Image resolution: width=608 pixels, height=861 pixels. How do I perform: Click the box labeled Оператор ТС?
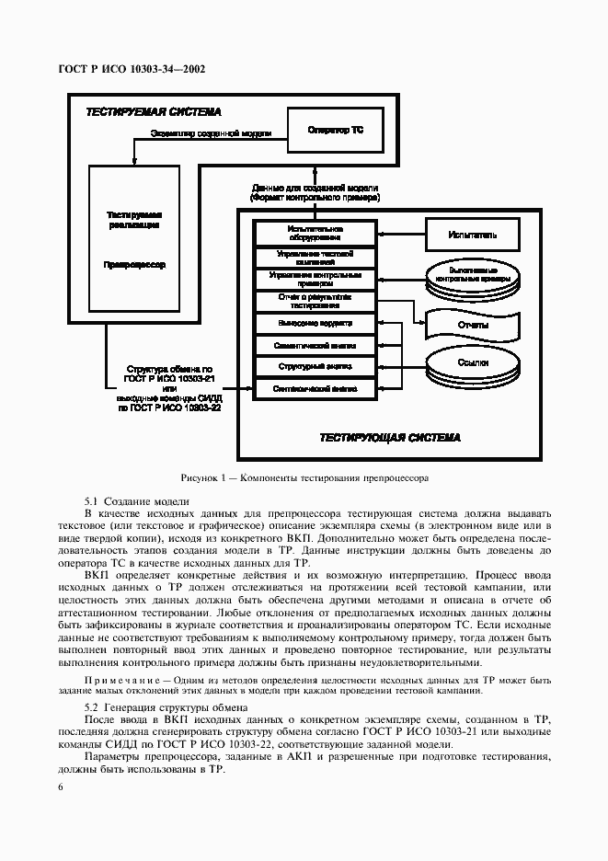(x=335, y=132)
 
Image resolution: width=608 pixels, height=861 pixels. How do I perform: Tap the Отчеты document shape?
(x=472, y=324)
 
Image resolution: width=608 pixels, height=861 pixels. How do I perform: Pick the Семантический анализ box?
(x=315, y=346)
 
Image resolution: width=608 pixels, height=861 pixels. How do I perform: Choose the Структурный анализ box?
(x=315, y=367)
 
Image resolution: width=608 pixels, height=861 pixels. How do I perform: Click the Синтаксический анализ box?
(x=315, y=389)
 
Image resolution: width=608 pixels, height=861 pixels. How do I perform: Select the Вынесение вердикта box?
(x=315, y=324)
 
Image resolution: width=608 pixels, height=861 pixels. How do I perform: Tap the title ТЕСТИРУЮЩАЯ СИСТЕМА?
(x=389, y=438)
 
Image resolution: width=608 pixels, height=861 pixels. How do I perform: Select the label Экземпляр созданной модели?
(x=211, y=134)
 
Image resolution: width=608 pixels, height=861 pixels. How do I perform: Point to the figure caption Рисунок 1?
(x=304, y=478)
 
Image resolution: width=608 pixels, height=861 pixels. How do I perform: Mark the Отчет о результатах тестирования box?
(x=315, y=302)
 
